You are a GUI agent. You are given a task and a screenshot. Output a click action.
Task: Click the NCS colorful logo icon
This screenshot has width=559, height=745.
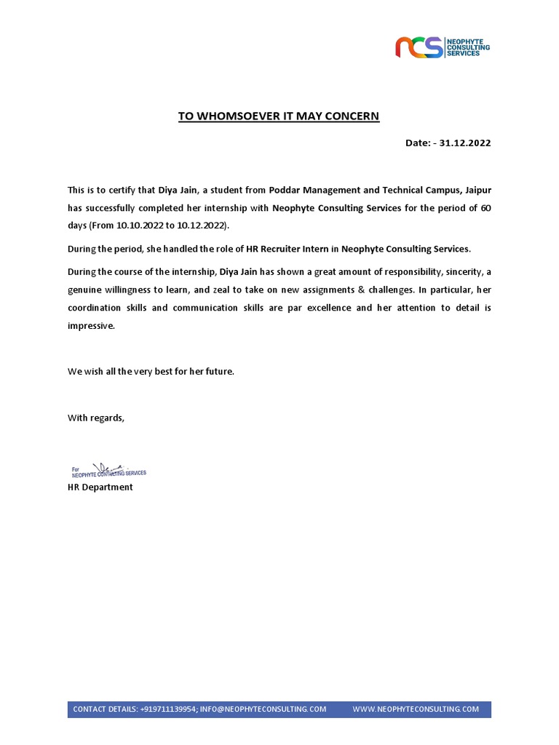coord(419,47)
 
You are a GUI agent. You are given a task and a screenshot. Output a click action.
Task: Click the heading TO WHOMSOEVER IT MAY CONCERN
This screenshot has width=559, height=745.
coord(279,116)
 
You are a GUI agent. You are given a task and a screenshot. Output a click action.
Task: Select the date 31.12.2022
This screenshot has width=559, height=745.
coord(465,143)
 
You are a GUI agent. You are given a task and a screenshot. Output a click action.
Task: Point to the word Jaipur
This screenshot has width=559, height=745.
coord(477,190)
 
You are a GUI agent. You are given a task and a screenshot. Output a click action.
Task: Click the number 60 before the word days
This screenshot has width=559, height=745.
coord(485,208)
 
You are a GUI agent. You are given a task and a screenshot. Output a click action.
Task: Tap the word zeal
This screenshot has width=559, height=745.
coord(221,290)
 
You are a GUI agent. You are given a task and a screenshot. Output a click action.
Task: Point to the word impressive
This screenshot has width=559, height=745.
coord(91,326)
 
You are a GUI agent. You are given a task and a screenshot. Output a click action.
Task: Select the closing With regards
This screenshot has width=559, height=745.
coord(96,418)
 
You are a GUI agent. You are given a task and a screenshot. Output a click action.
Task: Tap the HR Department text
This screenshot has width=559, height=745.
coord(100,487)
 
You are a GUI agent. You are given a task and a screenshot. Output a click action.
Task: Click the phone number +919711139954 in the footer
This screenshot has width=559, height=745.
coord(168,709)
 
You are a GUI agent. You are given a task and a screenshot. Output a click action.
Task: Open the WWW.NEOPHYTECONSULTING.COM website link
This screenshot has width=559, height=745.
coord(416,709)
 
